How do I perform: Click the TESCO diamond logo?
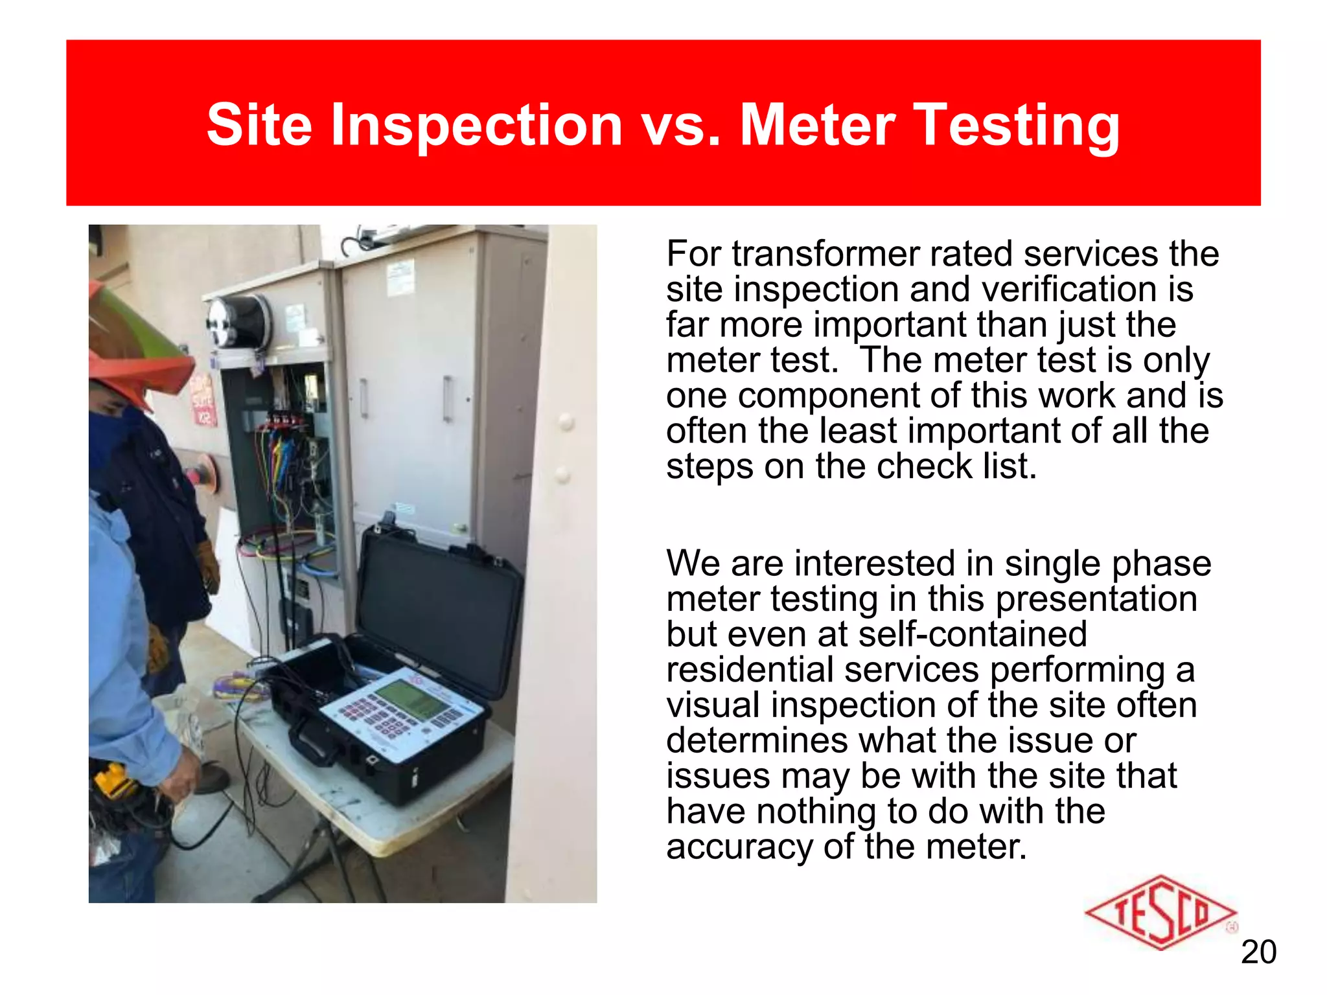1160,913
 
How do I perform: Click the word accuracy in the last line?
739,847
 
